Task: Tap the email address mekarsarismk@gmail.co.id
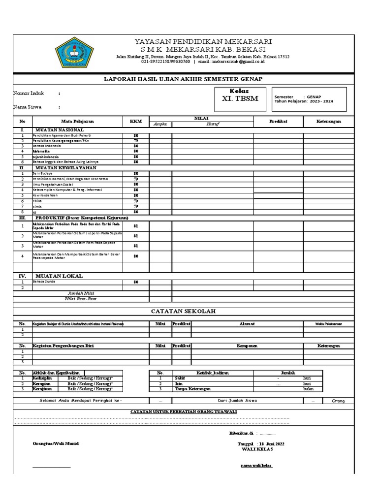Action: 238,62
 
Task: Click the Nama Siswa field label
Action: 28,106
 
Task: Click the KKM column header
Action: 135,121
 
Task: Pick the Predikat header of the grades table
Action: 278,121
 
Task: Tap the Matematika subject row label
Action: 42,151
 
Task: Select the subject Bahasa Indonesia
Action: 47,146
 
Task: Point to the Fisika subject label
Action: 37,201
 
